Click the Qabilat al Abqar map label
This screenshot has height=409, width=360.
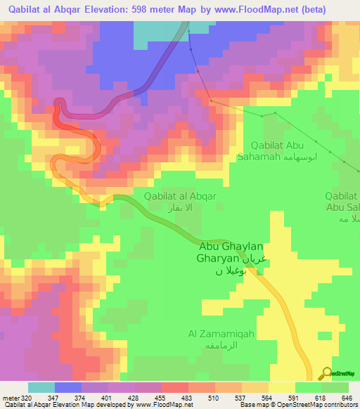coord(179,196)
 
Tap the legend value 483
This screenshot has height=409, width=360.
coord(188,397)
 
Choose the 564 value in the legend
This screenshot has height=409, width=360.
coord(268,397)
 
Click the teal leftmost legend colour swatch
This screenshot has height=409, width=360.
coord(41,387)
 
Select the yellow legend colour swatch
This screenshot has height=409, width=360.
coord(281,387)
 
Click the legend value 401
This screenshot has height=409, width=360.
coord(108,397)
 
